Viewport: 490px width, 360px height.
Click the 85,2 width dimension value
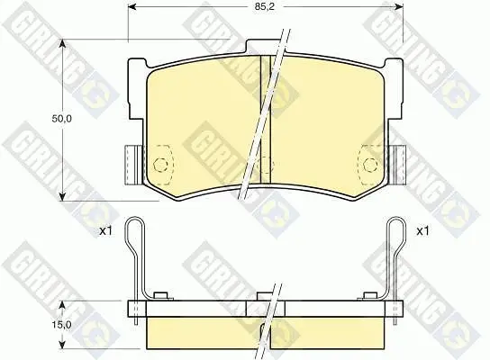tap(265, 7)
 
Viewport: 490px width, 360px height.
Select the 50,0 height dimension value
tap(62, 119)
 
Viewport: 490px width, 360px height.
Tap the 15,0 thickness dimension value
tap(62, 325)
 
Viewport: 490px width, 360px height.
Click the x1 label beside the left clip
tap(105, 231)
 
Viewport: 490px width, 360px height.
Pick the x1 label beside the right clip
tap(422, 231)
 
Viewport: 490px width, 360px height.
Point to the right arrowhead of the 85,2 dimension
tap(398, 7)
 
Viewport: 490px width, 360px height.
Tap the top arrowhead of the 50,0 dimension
tap(62, 45)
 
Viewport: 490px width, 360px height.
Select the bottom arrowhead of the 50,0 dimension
tap(62, 195)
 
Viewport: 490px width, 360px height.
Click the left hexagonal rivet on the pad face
tap(160, 164)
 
